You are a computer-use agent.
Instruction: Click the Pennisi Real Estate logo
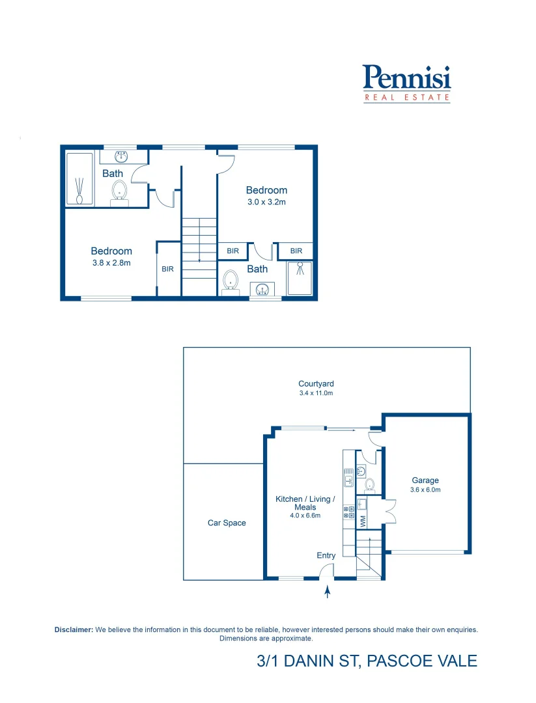coord(406,83)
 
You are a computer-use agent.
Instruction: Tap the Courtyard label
coord(316,384)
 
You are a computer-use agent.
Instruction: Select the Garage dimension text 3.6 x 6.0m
coord(425,489)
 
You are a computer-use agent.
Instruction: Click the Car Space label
coord(227,523)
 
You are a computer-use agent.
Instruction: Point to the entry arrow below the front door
coord(327,592)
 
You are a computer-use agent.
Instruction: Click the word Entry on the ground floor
coord(326,555)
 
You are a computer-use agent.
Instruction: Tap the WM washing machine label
coord(363,521)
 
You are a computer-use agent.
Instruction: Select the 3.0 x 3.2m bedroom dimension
coord(266,202)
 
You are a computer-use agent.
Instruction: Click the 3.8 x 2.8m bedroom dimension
coord(111,263)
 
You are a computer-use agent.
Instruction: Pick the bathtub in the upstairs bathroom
coord(80,180)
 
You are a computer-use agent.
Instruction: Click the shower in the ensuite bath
coord(300,278)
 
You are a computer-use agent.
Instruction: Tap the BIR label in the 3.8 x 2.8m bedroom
coord(167,269)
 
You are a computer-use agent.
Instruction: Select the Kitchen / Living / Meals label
coord(305,503)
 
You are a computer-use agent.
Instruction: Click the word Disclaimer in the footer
coord(74,629)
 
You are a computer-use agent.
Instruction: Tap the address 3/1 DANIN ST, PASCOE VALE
coord(367,661)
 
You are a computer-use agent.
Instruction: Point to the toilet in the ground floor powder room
coord(369,484)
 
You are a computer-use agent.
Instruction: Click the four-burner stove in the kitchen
coord(348,512)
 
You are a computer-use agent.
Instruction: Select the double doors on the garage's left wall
coord(389,510)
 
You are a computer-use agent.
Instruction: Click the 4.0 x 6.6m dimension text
coord(305,516)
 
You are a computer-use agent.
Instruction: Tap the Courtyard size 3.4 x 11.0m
coord(316,393)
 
